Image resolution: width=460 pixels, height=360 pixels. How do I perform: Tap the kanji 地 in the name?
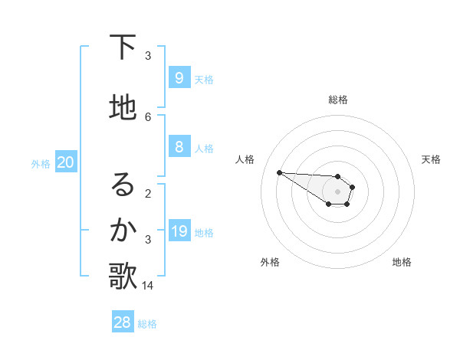point(123,108)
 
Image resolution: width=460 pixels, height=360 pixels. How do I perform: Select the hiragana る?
point(123,185)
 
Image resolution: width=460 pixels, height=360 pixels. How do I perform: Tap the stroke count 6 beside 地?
point(148,116)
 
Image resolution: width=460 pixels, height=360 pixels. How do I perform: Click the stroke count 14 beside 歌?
point(148,285)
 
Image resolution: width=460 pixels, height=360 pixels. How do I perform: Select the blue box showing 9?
point(179,77)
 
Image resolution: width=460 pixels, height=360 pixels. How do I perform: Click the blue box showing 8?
point(179,147)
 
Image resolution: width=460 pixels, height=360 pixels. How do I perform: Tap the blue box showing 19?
point(179,231)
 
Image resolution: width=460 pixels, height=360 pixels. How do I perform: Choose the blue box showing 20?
point(66,162)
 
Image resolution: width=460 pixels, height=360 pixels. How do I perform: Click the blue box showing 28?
point(123,322)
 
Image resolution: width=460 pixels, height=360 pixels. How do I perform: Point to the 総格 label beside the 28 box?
point(147,324)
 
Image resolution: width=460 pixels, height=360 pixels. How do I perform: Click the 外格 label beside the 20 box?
point(41,163)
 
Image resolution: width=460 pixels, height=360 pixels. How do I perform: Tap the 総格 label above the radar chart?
point(337,100)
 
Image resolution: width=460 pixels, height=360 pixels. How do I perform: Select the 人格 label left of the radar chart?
point(245,159)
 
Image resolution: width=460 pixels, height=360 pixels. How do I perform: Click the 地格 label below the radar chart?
point(402,262)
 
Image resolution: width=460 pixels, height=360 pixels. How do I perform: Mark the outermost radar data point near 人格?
point(279,172)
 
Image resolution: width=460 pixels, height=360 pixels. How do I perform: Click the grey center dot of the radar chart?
point(337,191)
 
